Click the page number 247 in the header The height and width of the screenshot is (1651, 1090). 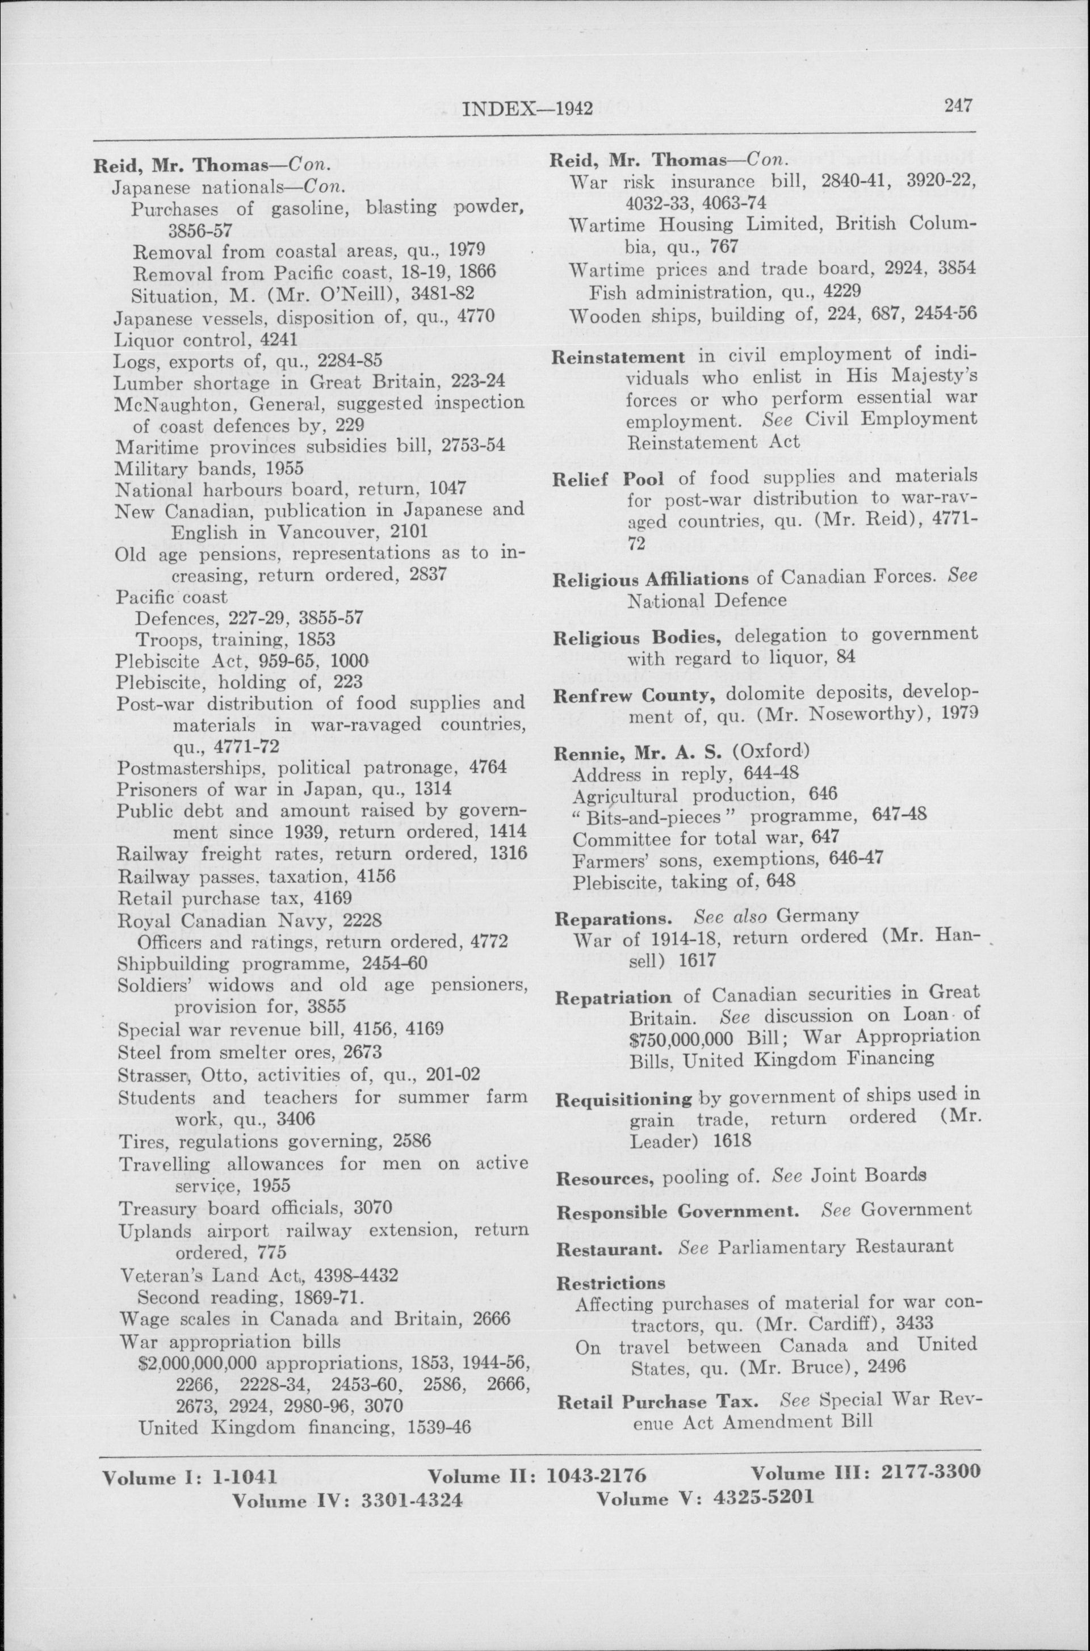click(x=957, y=106)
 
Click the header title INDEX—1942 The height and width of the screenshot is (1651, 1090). click(x=527, y=109)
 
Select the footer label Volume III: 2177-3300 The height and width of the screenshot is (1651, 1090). click(x=865, y=1471)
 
